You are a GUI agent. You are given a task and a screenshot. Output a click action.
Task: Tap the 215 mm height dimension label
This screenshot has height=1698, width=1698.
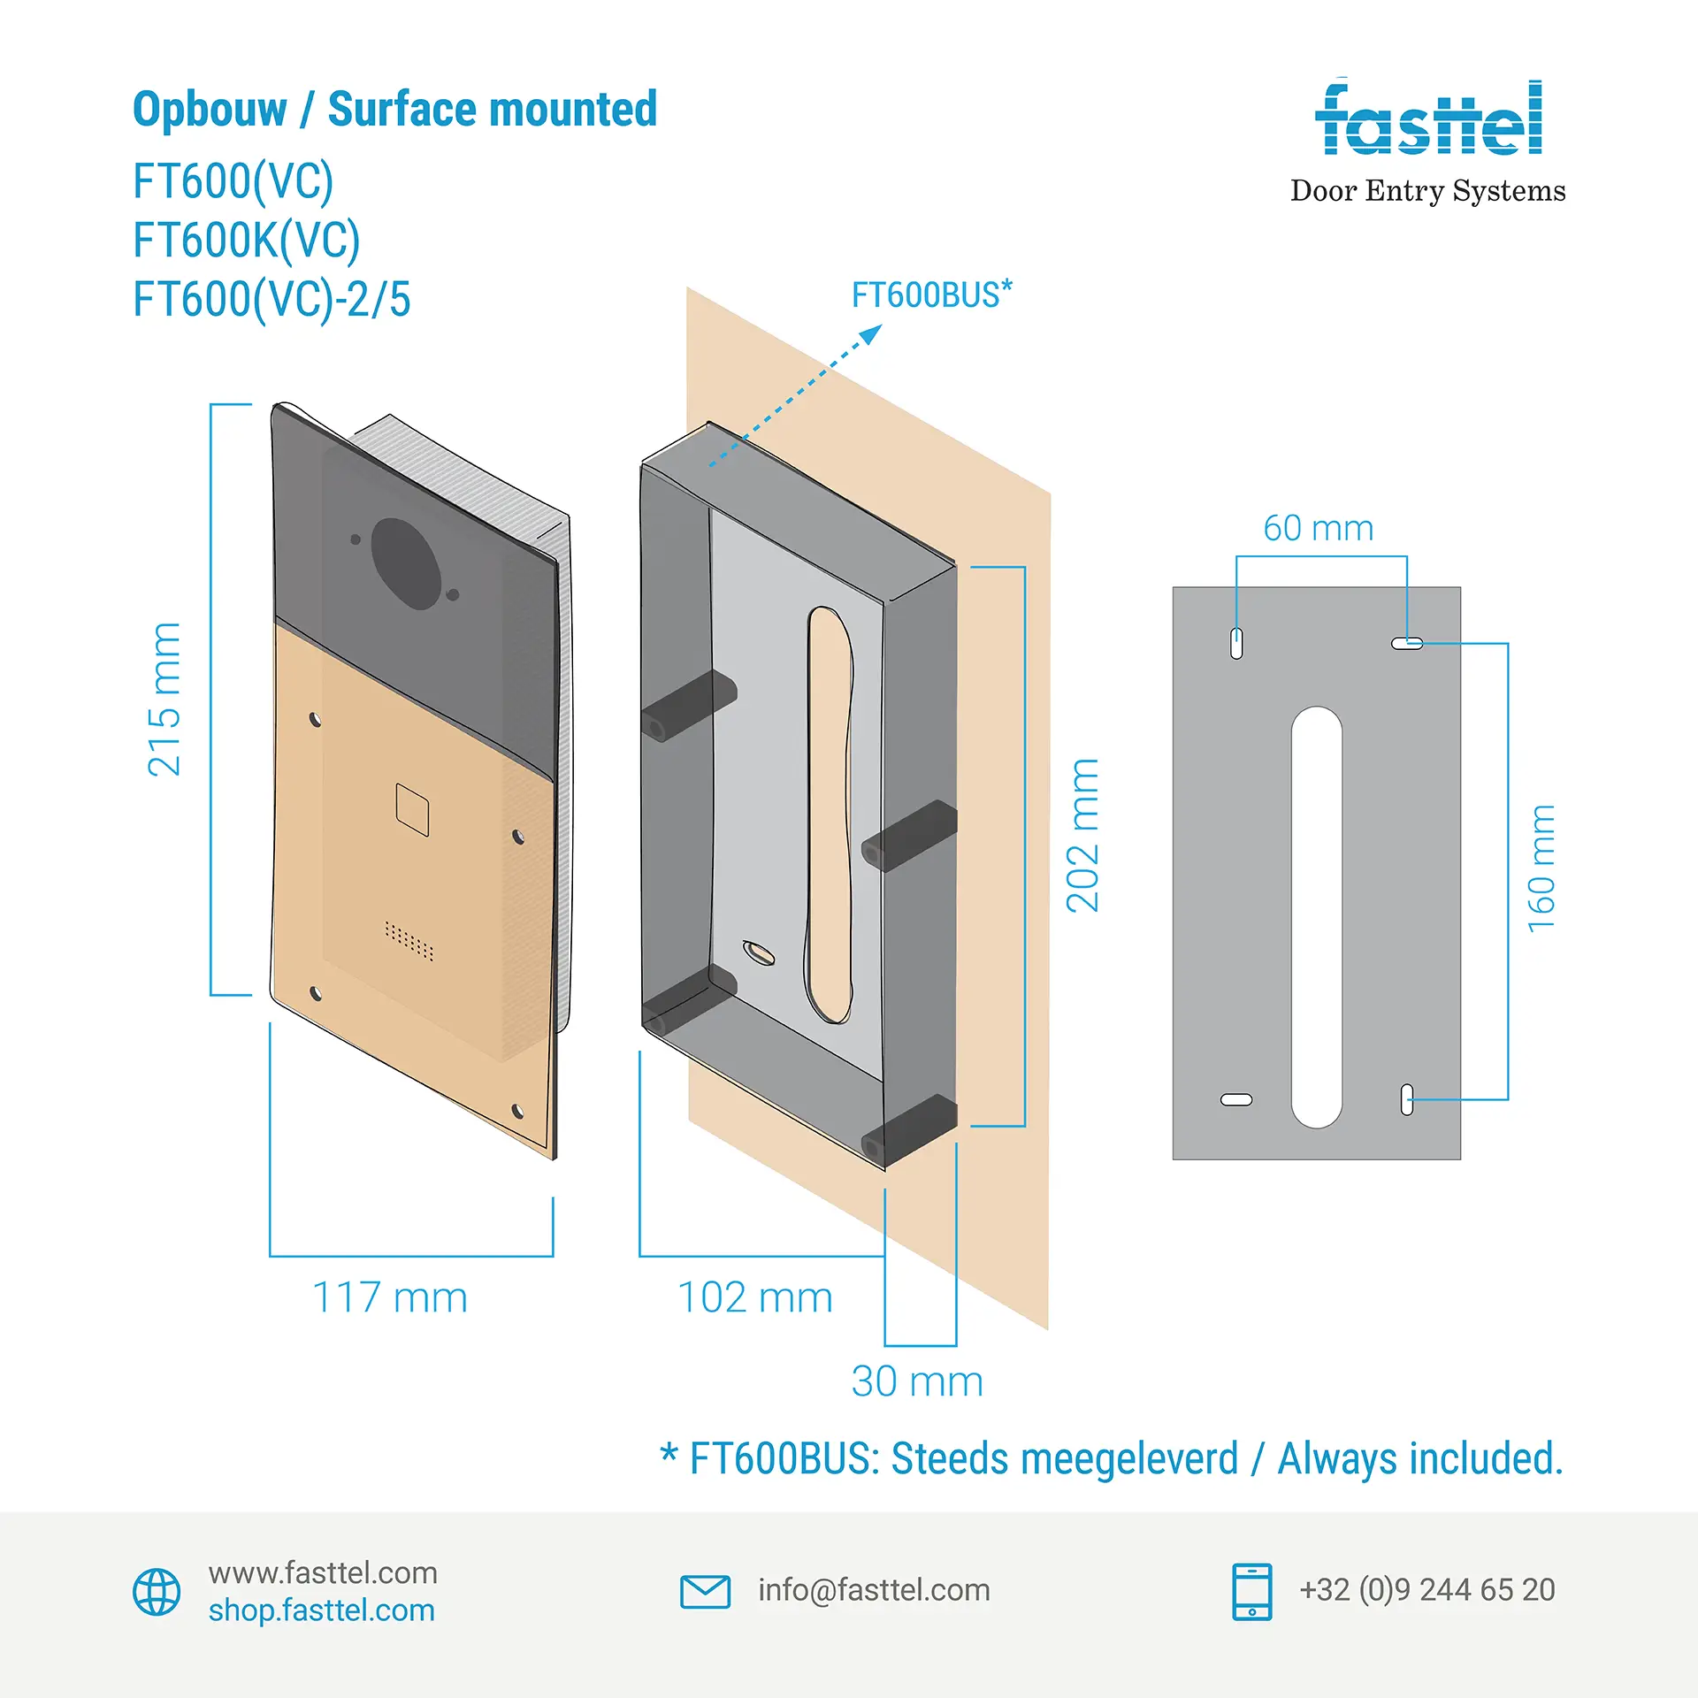(x=164, y=700)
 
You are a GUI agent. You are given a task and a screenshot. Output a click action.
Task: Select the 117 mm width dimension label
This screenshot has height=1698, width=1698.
(x=390, y=1298)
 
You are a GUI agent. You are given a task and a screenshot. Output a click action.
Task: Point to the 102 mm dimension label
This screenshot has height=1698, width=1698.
(x=755, y=1298)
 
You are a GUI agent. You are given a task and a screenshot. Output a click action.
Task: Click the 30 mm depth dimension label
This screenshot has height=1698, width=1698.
(x=917, y=1381)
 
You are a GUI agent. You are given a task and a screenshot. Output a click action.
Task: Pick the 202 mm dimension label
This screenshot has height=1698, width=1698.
(x=1082, y=836)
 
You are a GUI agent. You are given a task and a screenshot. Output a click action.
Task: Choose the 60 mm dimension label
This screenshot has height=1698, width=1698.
(x=1318, y=528)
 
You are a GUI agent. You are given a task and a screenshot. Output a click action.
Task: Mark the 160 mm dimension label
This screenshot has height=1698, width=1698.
(x=1541, y=868)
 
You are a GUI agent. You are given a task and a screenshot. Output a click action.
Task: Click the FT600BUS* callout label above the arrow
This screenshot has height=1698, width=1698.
(x=932, y=294)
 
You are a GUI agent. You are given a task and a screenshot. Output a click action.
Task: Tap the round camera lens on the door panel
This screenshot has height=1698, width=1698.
(x=406, y=563)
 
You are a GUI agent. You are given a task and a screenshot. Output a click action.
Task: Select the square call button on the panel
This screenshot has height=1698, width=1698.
(x=412, y=809)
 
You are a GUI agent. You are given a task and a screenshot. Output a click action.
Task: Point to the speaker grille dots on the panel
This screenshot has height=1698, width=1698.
(x=409, y=940)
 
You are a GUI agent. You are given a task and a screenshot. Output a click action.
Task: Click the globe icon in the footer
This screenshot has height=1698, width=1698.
(x=157, y=1592)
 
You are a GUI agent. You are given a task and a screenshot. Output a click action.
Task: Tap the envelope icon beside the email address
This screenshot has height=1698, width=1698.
(x=705, y=1592)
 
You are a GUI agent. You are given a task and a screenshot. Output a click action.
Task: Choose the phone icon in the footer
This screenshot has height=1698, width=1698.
(x=1251, y=1592)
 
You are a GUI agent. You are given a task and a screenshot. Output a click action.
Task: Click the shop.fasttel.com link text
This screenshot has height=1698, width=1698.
(x=322, y=1610)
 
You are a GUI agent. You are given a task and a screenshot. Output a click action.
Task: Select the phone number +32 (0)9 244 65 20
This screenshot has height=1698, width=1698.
(x=1426, y=1590)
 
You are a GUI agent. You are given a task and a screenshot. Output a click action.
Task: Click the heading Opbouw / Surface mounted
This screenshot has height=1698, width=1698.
(x=394, y=110)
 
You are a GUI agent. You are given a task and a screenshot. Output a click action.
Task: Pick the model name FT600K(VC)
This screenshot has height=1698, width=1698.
(x=247, y=240)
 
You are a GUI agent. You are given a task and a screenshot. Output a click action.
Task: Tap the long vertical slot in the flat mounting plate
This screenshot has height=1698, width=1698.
(x=1317, y=917)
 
